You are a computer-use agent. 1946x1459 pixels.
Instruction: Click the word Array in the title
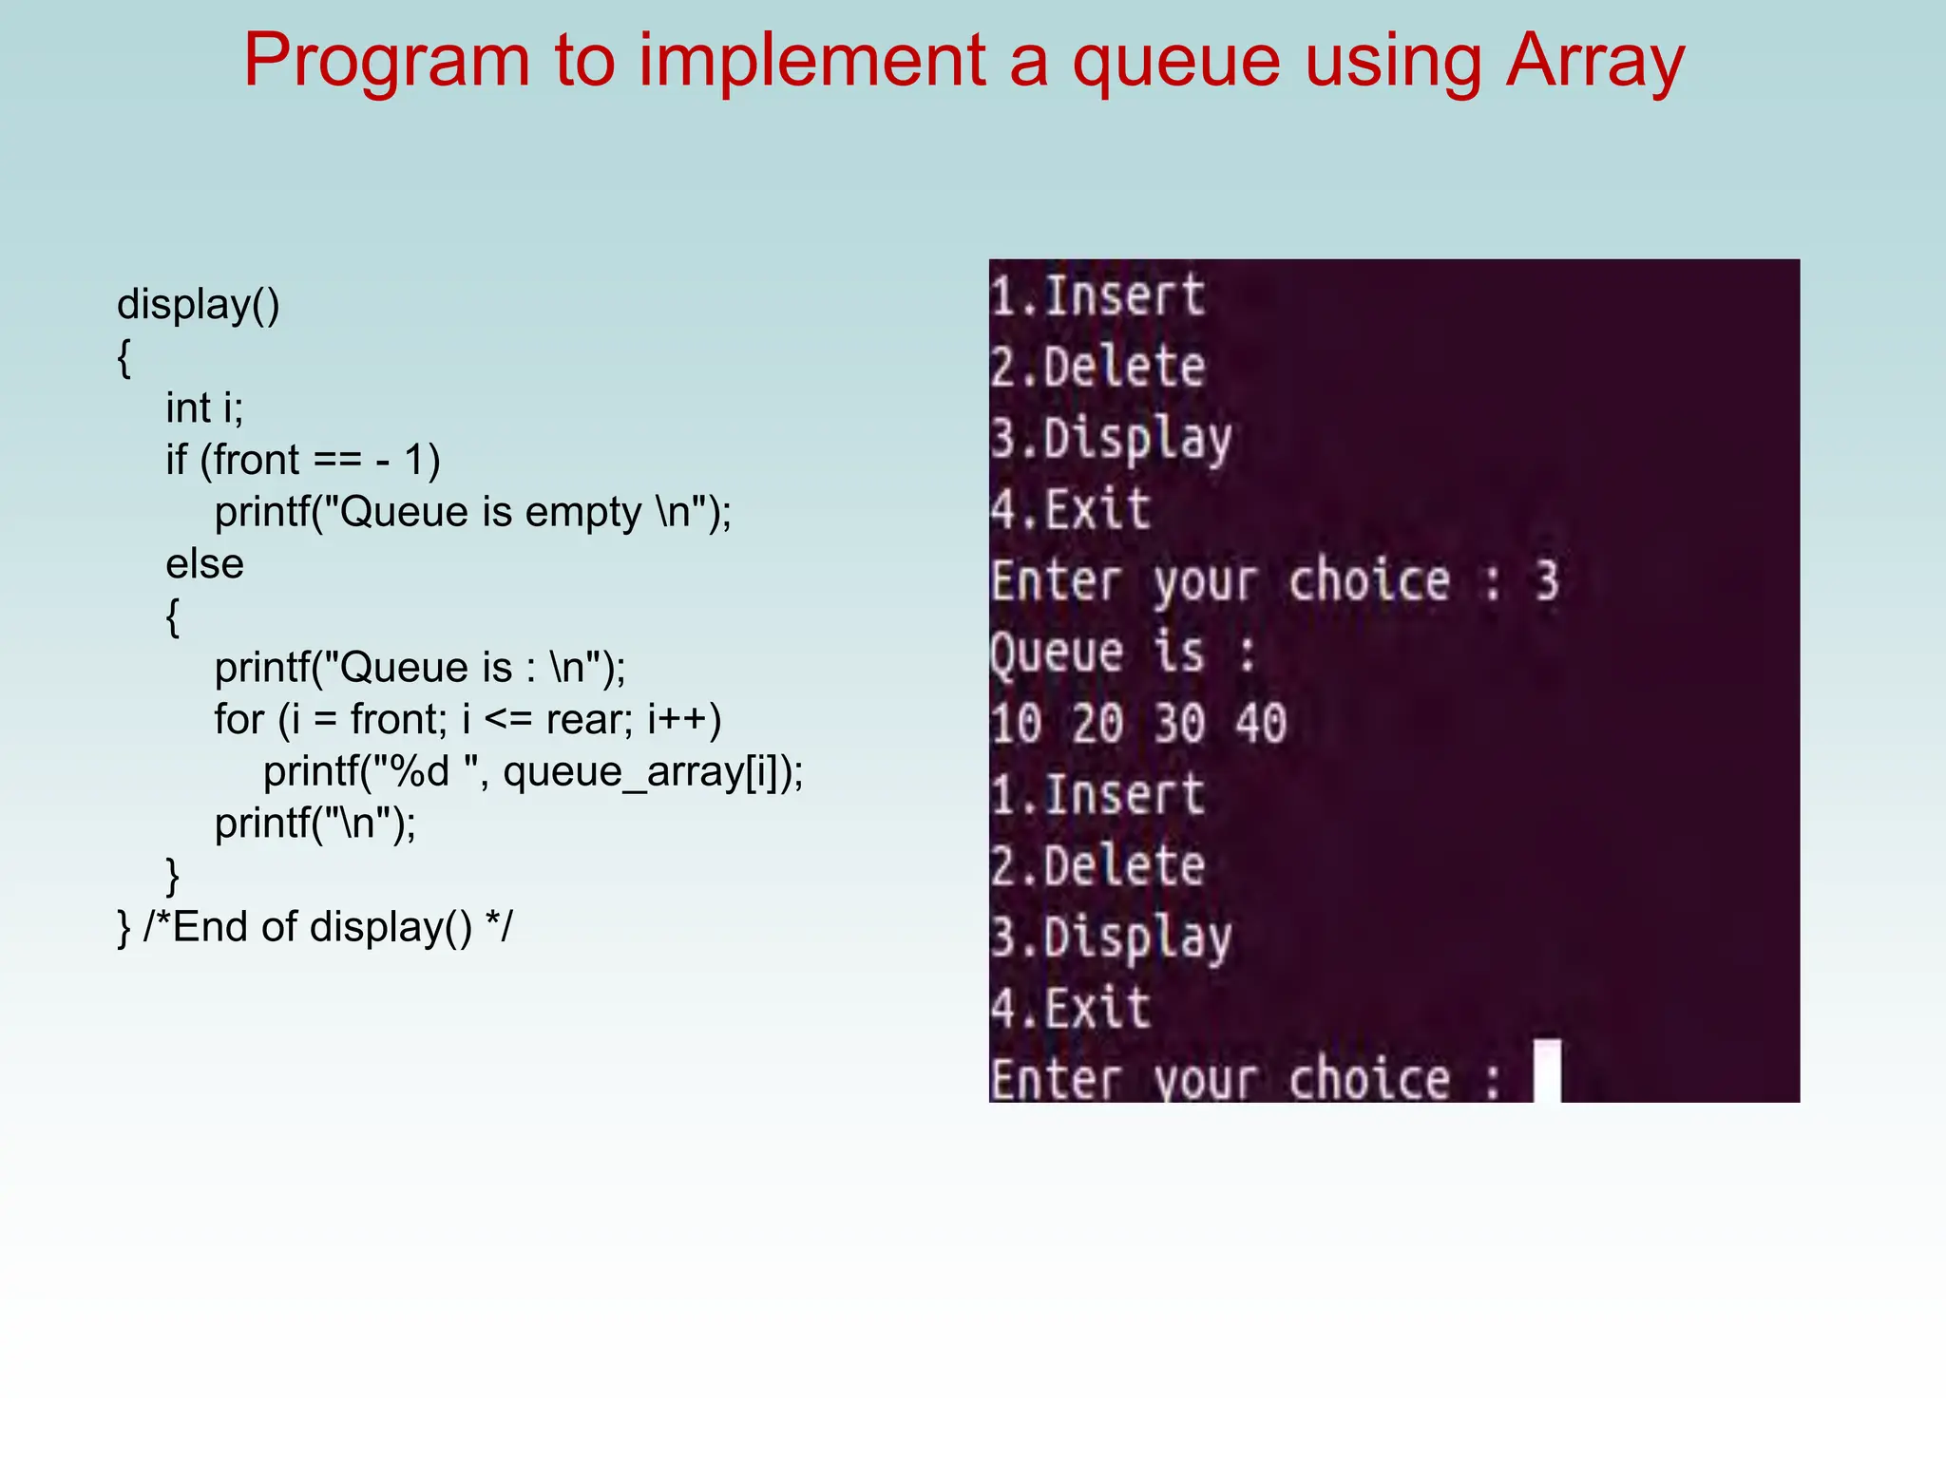1595,61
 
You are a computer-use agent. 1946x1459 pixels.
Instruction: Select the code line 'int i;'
204,408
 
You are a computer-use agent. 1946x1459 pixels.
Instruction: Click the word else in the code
204,564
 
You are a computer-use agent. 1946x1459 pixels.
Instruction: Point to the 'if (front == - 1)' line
302,461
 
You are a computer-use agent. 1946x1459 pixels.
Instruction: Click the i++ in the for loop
677,720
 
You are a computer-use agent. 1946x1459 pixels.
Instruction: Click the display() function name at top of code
198,305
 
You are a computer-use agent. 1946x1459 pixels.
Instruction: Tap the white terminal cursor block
1547,1071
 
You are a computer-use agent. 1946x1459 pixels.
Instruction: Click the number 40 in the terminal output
1261,724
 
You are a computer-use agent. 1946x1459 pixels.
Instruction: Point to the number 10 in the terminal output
1016,724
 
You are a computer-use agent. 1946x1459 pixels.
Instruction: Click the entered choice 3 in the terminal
1547,581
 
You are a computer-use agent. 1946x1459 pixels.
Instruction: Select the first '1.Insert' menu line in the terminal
1097,295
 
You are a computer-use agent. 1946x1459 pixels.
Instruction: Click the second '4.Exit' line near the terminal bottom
1070,1009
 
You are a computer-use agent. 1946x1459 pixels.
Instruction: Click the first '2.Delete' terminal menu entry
1097,367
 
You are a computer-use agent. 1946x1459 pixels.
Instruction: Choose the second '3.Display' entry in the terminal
1111,938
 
